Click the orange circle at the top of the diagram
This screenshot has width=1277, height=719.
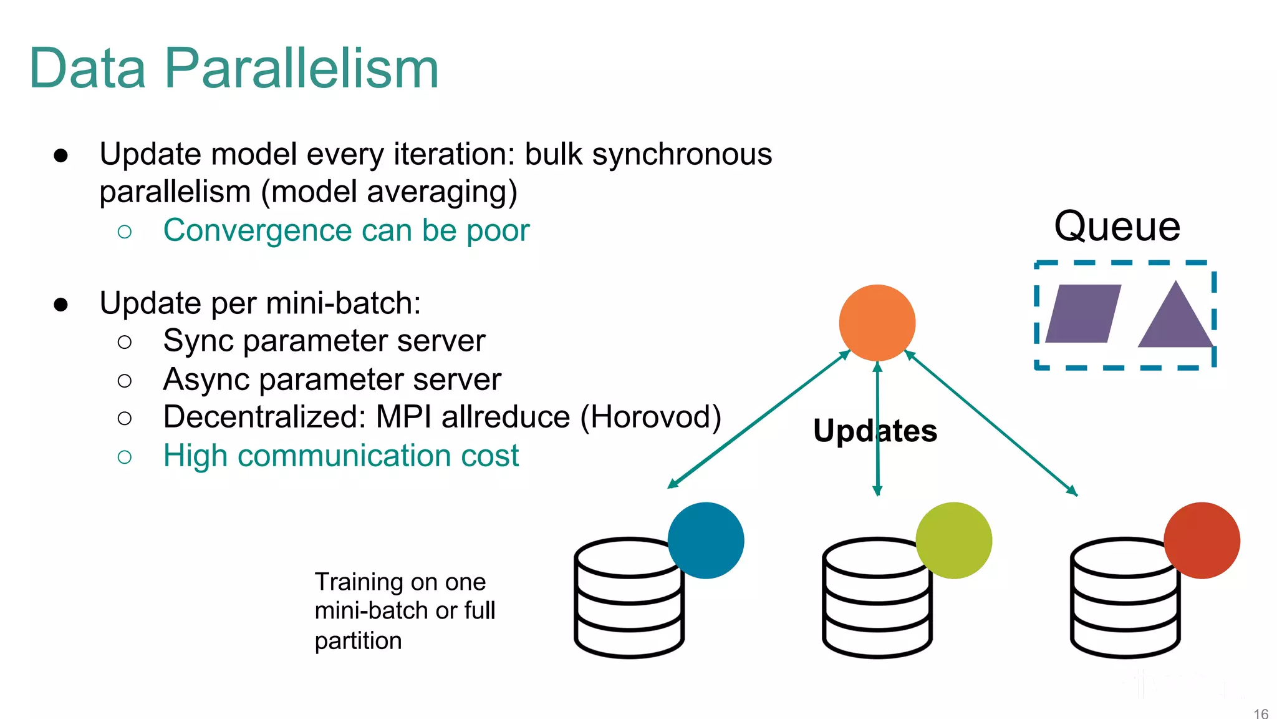tap(877, 323)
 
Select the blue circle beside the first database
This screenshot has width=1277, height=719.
tap(706, 540)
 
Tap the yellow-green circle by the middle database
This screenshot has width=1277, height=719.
tap(953, 540)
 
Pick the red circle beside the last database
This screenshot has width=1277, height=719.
tap(1202, 540)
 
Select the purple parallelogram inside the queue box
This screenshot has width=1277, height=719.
tap(1083, 314)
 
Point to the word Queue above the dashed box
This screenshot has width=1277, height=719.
tap(1117, 226)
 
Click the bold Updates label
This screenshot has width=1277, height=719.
tap(875, 431)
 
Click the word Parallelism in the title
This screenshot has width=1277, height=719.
tap(302, 69)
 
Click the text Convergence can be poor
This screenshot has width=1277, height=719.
tap(346, 230)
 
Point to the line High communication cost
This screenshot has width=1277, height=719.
tap(340, 456)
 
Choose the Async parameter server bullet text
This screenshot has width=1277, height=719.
tap(332, 379)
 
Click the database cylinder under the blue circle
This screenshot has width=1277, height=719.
tap(629, 599)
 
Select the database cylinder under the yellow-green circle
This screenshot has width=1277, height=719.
tap(877, 599)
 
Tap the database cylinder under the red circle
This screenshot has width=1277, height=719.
tap(1125, 599)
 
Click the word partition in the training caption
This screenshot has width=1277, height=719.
tap(358, 641)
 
